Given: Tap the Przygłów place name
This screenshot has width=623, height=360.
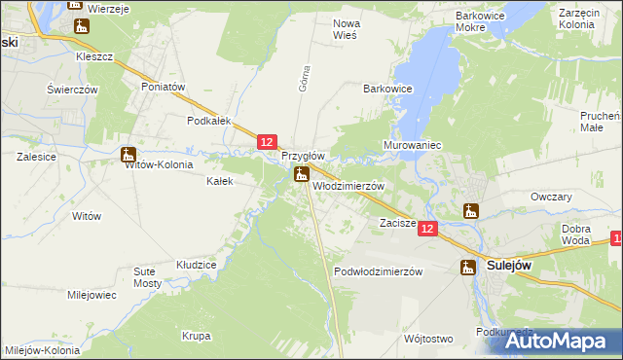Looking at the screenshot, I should point(303,156).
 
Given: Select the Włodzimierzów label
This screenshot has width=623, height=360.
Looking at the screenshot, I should point(348,186).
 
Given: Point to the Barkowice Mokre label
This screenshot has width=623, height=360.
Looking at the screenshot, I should point(485,22).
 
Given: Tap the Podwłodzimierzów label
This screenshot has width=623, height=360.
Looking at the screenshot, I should point(378,271).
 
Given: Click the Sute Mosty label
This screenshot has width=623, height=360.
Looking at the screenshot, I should point(148,276).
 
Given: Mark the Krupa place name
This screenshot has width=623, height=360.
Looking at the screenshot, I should point(196,336).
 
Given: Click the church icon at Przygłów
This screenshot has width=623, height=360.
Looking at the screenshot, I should point(302,175).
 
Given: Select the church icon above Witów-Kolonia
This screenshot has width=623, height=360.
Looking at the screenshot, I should point(128,153).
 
